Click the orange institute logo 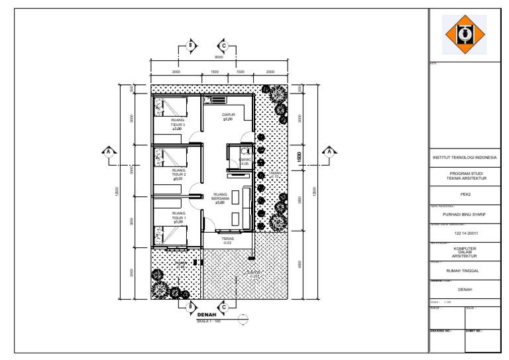(x=464, y=34)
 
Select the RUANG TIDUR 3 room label (x=178, y=124)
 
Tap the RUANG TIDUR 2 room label (x=178, y=174)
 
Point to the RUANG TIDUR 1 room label (x=178, y=217)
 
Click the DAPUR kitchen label (x=228, y=117)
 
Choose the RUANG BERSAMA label (x=220, y=198)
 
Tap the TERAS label (x=227, y=241)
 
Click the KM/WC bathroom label (x=244, y=160)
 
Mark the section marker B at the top (x=191, y=46)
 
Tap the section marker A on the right (x=327, y=152)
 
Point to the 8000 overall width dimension (x=218, y=58)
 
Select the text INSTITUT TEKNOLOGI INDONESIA (x=464, y=158)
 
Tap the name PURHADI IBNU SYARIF (x=464, y=214)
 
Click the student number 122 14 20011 (x=464, y=233)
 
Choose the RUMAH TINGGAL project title (x=464, y=270)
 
